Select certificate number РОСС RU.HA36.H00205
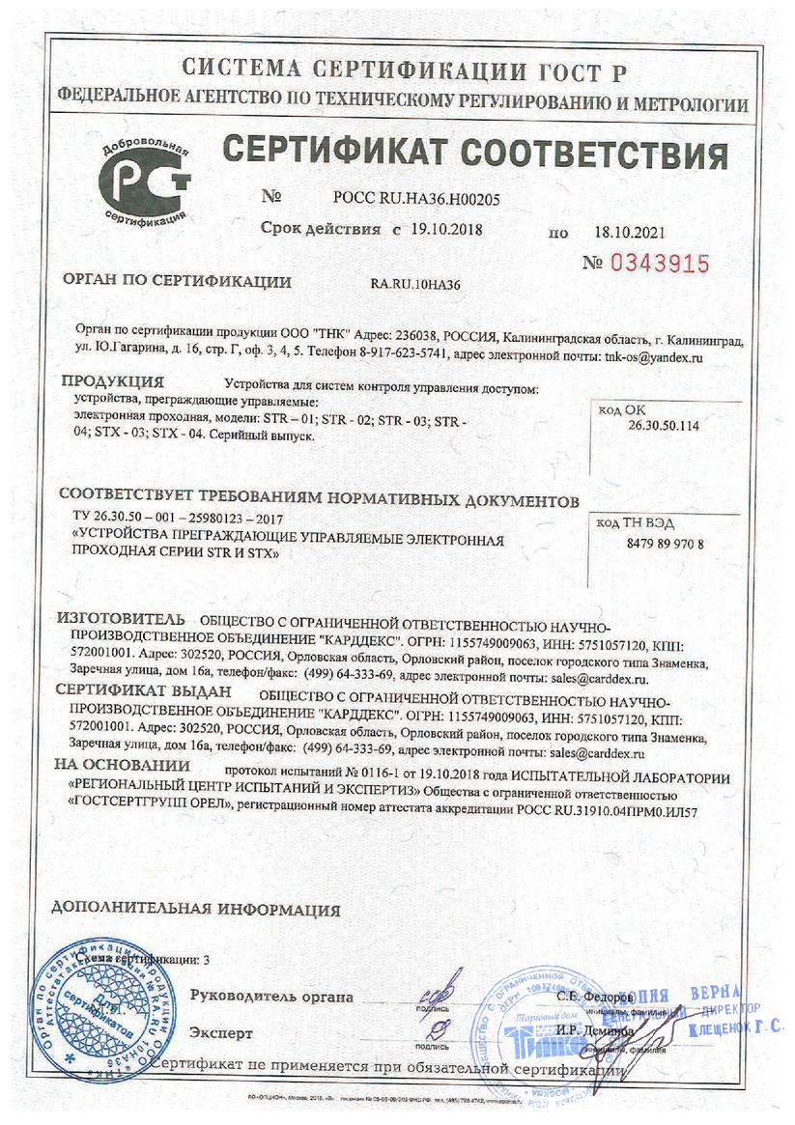coord(416,198)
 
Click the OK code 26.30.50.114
coord(664,425)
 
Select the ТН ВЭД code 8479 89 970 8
coord(659,544)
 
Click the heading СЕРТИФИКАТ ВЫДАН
coord(144,691)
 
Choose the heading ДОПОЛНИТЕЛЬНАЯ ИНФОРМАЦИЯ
coord(196,910)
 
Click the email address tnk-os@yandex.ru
coord(652,358)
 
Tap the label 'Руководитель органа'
coord(271,997)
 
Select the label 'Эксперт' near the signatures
coord(221,1033)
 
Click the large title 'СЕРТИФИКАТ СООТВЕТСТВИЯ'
coord(475,154)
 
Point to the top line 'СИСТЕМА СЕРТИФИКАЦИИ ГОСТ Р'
coord(405,70)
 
